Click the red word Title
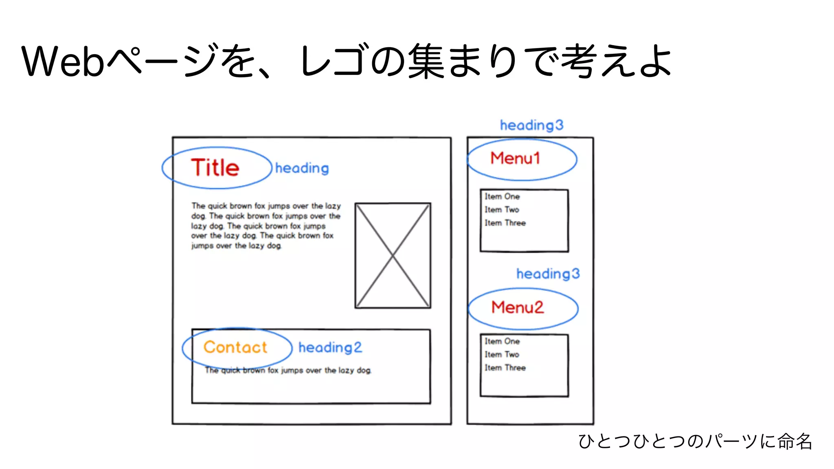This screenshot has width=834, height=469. point(215,168)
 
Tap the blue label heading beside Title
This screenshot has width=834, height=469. point(302,168)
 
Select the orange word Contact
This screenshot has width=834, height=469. point(235,347)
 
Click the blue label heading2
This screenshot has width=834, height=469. point(330,348)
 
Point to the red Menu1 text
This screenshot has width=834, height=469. point(515,158)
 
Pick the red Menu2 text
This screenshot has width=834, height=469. point(517,307)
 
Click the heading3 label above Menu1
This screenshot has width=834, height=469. point(531,125)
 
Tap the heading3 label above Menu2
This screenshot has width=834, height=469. point(548,274)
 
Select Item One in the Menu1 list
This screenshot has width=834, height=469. point(502,197)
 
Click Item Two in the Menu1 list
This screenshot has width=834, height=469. point(502,210)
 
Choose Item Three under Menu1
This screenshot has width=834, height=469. point(505,223)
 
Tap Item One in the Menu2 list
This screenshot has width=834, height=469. point(502,342)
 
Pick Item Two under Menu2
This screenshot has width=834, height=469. point(502,355)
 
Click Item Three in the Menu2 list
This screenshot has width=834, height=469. point(505,368)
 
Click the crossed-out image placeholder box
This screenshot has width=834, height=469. point(393,255)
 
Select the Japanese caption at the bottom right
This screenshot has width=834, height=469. point(695,441)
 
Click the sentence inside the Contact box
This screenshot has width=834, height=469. point(288,370)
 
